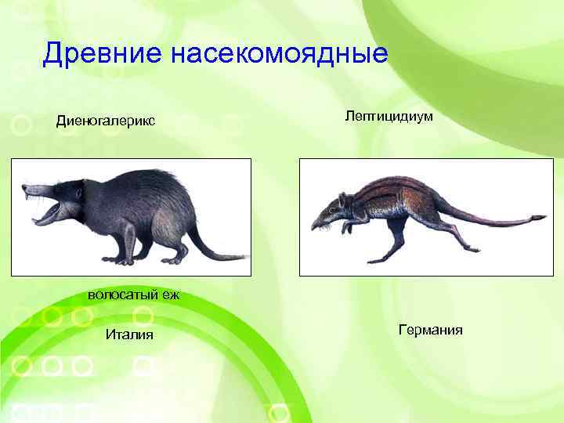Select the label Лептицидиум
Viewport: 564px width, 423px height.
[389, 115]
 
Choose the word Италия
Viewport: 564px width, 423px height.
[129, 335]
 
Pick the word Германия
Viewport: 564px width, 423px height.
[430, 330]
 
